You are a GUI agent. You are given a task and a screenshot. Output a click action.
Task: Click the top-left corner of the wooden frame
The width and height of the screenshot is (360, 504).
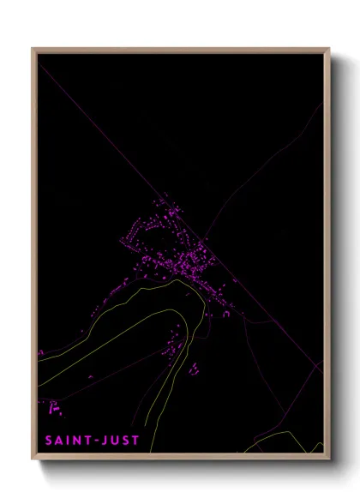[33, 49]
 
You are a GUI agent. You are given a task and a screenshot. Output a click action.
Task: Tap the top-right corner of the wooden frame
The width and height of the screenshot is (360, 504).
[328, 49]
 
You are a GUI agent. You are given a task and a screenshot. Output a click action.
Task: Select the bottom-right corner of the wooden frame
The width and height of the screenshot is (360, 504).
[328, 460]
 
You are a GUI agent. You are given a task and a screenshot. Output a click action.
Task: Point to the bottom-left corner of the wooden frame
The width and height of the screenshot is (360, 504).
[33, 460]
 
